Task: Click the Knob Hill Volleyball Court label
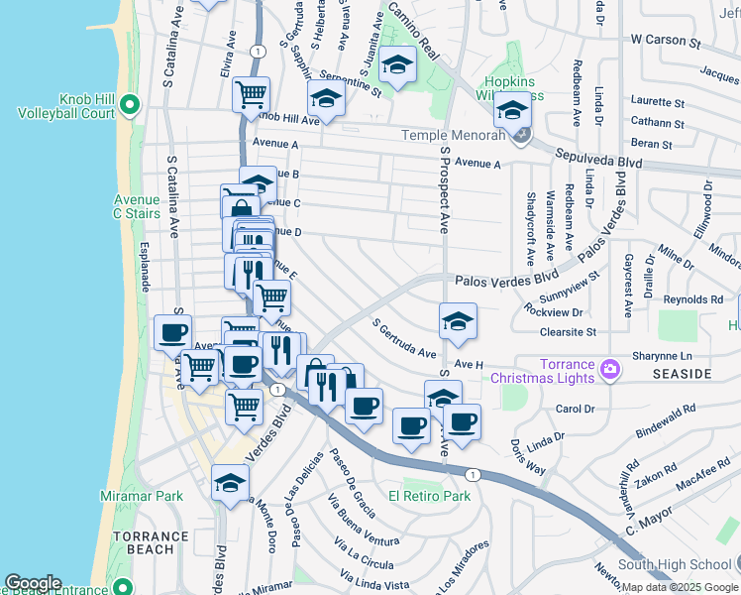(59, 106)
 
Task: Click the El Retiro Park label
(429, 496)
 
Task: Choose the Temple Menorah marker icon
(522, 135)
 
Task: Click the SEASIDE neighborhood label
(683, 374)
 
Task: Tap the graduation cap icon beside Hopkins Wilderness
(512, 109)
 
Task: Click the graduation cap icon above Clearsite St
(457, 320)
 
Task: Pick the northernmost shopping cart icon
(252, 94)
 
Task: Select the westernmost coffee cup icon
(172, 332)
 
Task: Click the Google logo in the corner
(33, 583)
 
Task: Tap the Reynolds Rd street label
(692, 298)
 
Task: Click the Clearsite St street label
(562, 332)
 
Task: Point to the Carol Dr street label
(573, 408)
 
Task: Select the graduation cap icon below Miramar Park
(230, 482)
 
